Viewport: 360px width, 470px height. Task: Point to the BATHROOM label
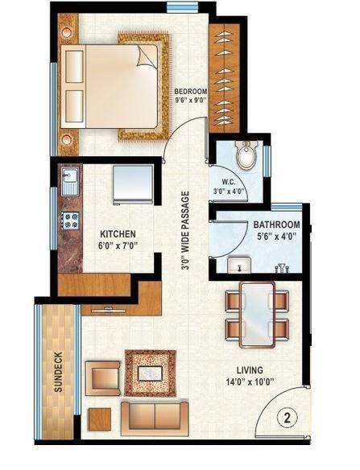[276, 225]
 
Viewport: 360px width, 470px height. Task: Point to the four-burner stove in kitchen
[69, 218]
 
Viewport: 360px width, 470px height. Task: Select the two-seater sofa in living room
[155, 414]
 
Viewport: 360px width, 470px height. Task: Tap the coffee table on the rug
[148, 373]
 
